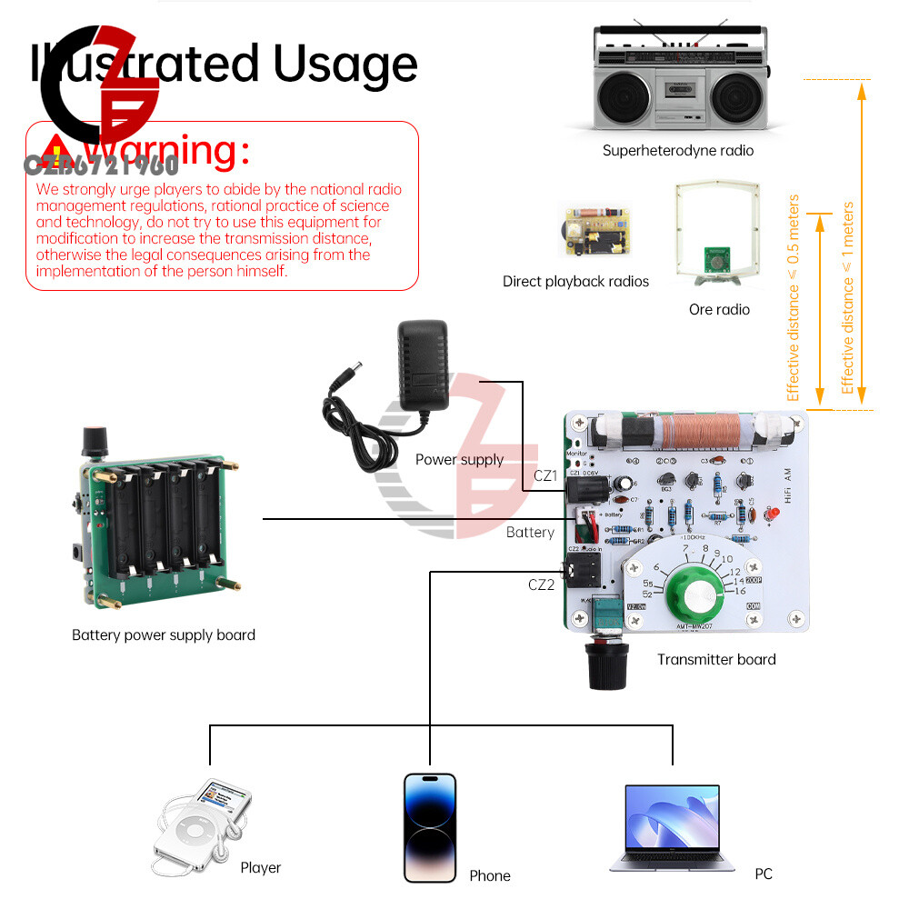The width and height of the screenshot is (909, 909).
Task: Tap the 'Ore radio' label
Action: tap(719, 310)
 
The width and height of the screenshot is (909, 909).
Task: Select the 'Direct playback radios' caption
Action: tap(575, 282)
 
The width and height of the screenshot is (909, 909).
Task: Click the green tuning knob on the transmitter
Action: tap(700, 596)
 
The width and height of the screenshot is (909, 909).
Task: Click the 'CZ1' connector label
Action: tap(544, 475)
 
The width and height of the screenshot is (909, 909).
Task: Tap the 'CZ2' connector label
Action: tap(541, 584)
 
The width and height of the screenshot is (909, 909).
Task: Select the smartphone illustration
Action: tap(430, 827)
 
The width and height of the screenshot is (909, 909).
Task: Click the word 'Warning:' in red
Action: tap(172, 151)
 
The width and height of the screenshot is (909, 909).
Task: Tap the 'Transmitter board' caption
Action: tap(716, 660)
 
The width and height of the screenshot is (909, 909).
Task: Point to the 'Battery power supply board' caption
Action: tap(164, 635)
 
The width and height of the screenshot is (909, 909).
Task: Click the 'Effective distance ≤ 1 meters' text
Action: tap(848, 297)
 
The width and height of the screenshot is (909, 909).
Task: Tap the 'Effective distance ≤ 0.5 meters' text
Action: tap(794, 297)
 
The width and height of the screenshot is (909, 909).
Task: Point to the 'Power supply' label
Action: tap(459, 460)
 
